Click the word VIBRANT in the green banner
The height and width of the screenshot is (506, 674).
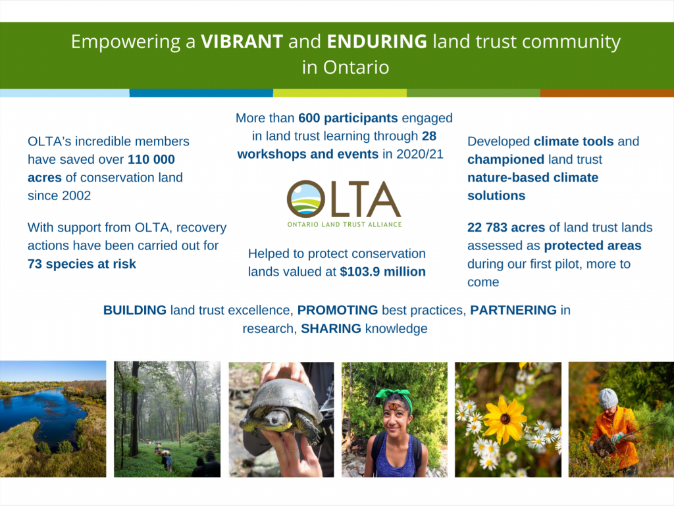[x=242, y=41]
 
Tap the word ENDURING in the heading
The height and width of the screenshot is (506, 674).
[x=377, y=41]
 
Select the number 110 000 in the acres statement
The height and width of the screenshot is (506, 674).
[x=151, y=159]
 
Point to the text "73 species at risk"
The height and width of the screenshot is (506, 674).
[x=82, y=264]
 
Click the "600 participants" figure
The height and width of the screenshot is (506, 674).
[x=348, y=118]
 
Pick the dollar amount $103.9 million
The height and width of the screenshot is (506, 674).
[x=382, y=272]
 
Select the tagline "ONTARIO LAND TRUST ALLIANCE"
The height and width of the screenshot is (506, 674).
[x=344, y=224]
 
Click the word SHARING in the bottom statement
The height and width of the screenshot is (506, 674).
[x=331, y=328]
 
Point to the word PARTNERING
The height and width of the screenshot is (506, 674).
[x=513, y=310]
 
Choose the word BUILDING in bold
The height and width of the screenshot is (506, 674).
[x=134, y=310]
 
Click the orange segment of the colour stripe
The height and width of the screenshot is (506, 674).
[x=607, y=93]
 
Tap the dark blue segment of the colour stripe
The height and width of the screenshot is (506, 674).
[x=201, y=93]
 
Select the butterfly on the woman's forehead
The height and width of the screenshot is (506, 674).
[x=394, y=405]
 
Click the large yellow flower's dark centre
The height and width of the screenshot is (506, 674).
[x=505, y=418]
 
